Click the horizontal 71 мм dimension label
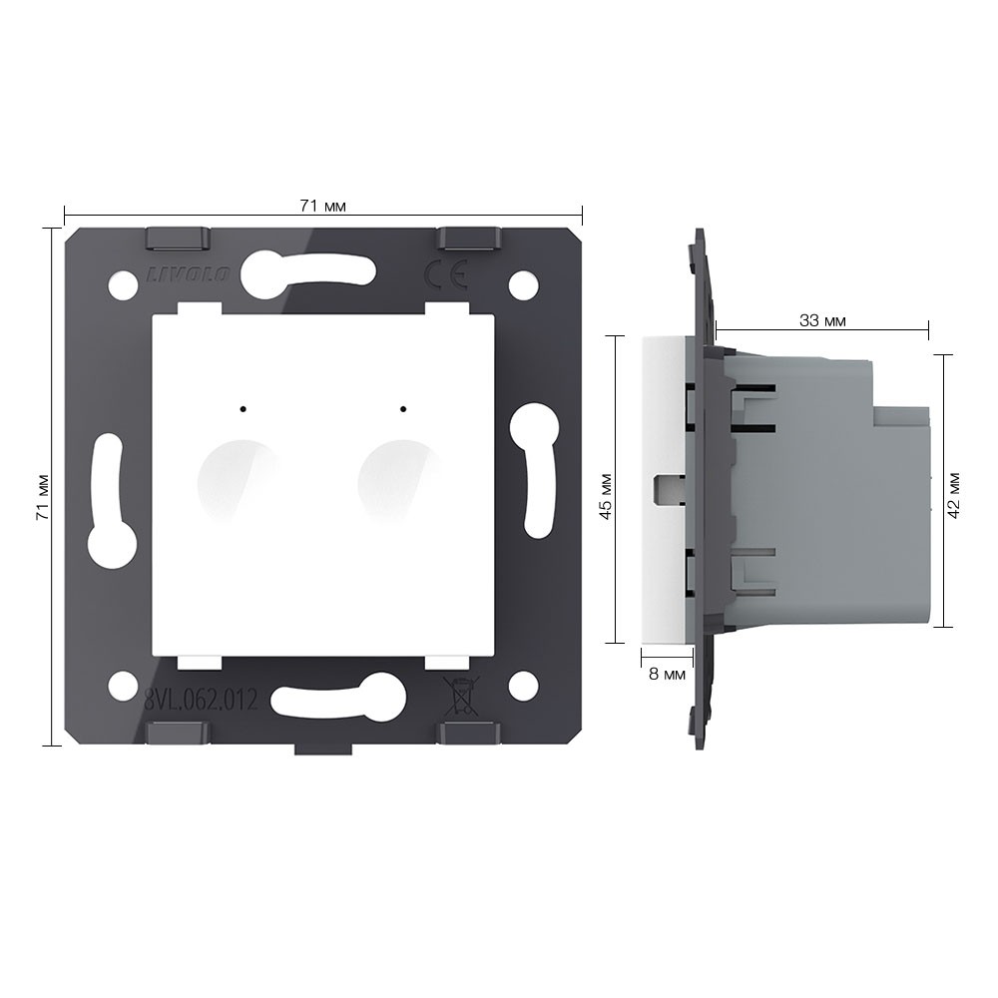point(322,207)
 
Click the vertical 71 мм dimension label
point(43,497)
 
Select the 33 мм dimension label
point(822,320)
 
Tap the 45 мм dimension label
point(606,496)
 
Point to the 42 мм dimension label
point(953,495)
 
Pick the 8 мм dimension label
point(667,674)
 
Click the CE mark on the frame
point(446,275)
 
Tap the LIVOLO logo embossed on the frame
point(189,274)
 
